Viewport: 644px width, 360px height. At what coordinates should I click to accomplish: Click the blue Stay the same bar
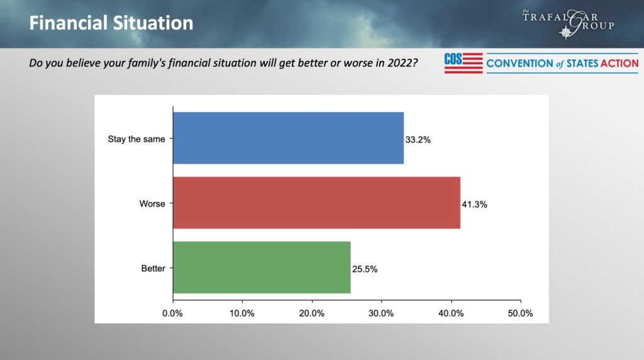pos(288,138)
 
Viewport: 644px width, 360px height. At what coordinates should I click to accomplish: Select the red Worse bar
pos(316,203)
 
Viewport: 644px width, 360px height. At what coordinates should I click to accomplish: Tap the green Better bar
pos(262,267)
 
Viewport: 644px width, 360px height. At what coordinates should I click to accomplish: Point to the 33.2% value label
pos(418,140)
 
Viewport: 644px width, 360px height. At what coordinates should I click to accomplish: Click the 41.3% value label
pos(475,205)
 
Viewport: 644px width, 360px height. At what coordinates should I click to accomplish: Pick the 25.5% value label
pos(365,269)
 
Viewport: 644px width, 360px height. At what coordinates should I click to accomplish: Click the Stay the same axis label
pos(136,139)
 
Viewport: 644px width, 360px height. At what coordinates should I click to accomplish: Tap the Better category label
pos(153,269)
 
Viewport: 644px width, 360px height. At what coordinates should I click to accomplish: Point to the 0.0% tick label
pos(172,313)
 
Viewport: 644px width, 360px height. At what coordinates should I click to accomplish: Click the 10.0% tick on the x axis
pos(242,313)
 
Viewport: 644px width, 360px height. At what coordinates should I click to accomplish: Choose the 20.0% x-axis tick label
pos(312,313)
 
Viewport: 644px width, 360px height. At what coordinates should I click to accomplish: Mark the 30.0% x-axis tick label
pos(381,313)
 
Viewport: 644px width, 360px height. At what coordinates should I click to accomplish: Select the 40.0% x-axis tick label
pos(451,313)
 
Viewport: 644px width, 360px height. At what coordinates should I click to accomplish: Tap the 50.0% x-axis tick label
pos(520,313)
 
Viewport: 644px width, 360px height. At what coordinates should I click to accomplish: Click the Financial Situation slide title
pos(111,24)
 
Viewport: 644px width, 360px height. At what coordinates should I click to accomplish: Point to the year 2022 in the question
pos(400,64)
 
